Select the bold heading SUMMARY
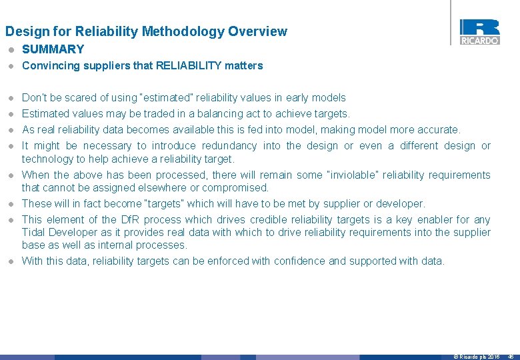(53, 49)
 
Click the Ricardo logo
(479, 32)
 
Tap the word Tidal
(35, 233)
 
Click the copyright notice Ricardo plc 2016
(476, 357)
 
